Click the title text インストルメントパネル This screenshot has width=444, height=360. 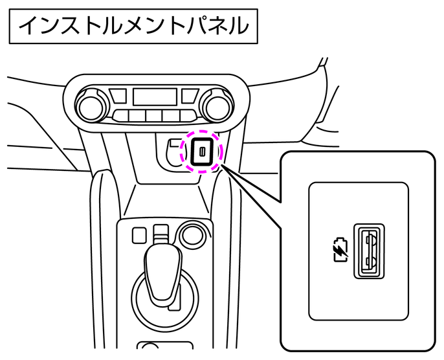(133, 26)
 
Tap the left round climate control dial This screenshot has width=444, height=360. (91, 107)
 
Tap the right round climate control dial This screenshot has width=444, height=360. (218, 107)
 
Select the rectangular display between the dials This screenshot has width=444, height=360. (155, 97)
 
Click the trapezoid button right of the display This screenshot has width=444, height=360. (190, 96)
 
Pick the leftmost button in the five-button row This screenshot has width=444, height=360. (121, 116)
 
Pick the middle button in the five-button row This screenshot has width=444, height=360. (154, 116)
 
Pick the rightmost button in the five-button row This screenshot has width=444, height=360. (188, 116)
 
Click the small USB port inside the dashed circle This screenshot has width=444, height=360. (202, 152)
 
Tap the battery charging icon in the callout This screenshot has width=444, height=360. (340, 250)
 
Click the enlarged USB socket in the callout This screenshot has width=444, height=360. (369, 251)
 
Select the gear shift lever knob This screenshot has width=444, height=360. (163, 273)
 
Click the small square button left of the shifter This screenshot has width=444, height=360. (139, 235)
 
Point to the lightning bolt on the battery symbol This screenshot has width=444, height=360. (340, 251)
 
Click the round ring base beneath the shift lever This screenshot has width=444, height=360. (133, 297)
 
